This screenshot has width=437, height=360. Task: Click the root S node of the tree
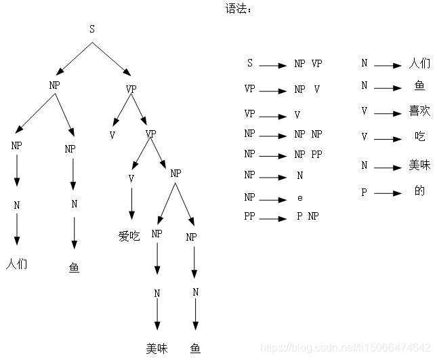tap(93, 28)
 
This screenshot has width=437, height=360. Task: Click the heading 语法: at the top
tap(238, 9)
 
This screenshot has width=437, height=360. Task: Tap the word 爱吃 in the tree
tap(129, 236)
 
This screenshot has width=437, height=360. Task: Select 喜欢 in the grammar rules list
tap(420, 111)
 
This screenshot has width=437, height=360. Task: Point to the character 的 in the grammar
tap(420, 191)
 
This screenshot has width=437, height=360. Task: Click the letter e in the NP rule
tap(299, 199)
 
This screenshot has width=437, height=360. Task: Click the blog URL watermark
tap(346, 348)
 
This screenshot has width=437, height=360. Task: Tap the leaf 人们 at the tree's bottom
tap(17, 263)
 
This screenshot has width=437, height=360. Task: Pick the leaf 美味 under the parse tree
tap(157, 348)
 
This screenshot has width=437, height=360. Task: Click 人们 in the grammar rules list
tap(420, 64)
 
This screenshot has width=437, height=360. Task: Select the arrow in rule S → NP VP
tap(272, 66)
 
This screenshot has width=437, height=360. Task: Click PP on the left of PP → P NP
tap(249, 217)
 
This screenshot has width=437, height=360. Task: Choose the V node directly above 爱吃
tap(131, 178)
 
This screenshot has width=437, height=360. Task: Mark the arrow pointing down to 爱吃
tap(131, 205)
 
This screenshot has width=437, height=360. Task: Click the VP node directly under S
tap(131, 89)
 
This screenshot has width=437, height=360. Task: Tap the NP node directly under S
tap(55, 85)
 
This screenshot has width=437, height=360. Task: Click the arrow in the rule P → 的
tap(388, 193)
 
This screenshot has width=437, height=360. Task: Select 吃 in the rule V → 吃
tap(420, 136)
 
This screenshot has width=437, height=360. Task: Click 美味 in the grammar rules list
tap(420, 165)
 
